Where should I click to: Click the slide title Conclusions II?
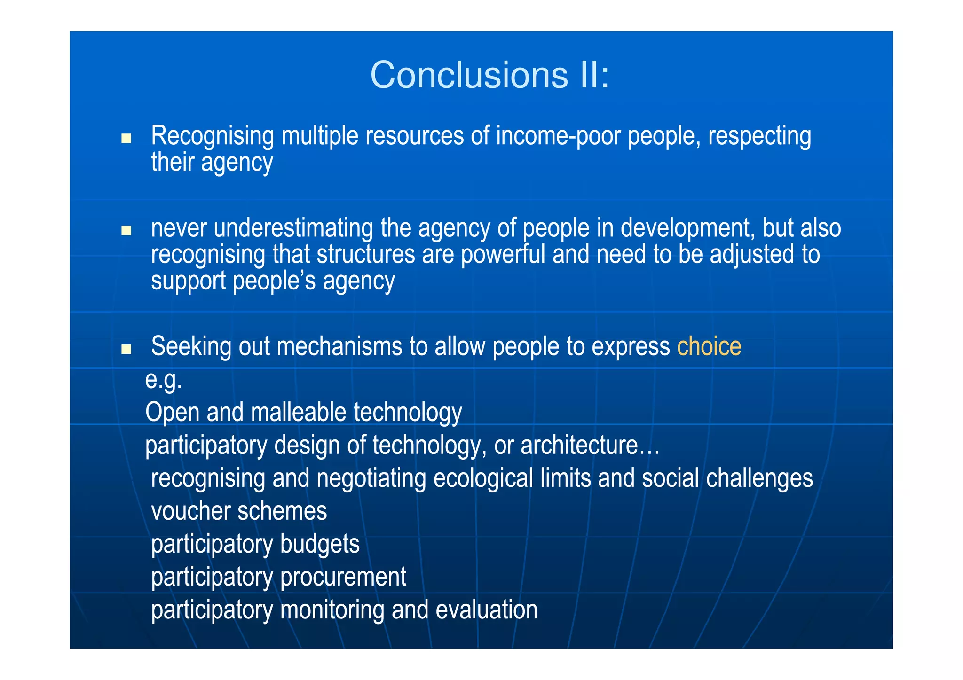(x=489, y=75)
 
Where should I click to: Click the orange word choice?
(x=709, y=347)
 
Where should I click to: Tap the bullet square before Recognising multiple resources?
(x=126, y=139)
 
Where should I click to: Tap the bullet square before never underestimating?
(x=126, y=231)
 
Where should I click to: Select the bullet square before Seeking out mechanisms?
(x=126, y=349)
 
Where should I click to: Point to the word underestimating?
(x=293, y=228)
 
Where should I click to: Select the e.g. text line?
(x=163, y=380)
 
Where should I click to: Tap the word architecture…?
(x=590, y=445)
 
